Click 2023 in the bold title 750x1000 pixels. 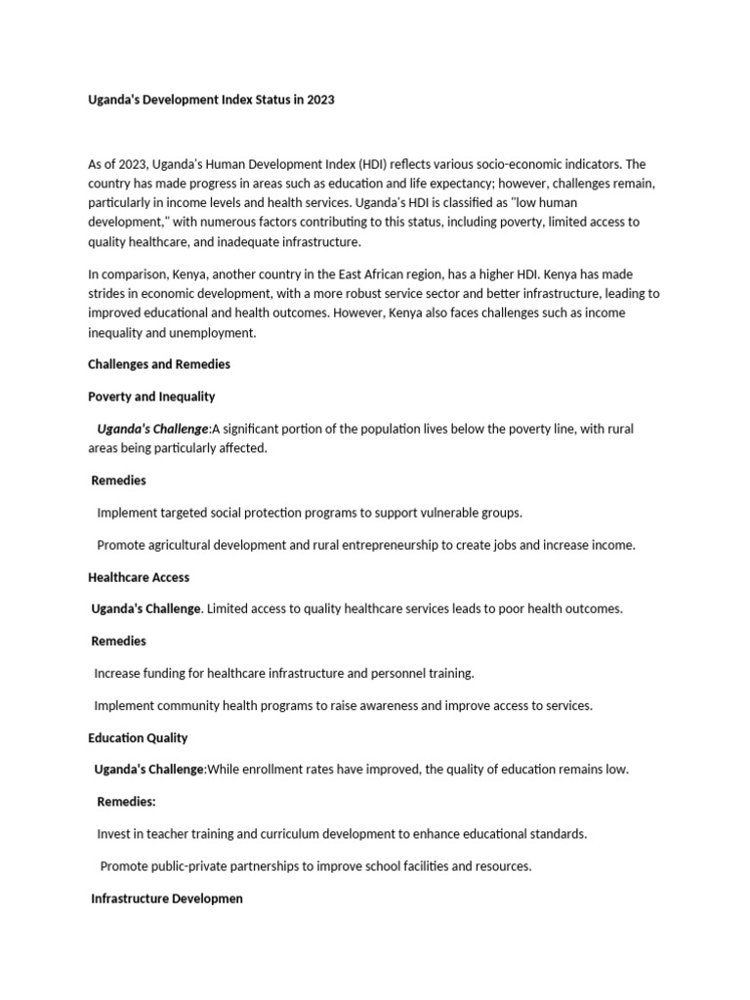click(x=320, y=100)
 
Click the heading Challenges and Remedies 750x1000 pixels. click(x=159, y=364)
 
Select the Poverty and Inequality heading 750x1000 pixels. click(x=151, y=396)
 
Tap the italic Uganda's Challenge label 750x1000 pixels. click(x=152, y=429)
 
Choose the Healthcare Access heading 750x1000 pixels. click(x=139, y=577)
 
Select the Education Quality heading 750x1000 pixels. click(x=138, y=737)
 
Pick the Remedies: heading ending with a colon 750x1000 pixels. click(x=127, y=802)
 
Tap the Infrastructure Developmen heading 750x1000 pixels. click(x=167, y=898)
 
